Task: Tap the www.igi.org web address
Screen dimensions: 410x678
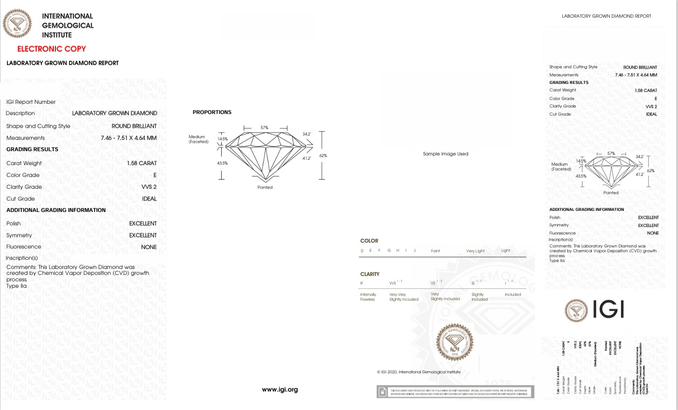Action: (x=280, y=390)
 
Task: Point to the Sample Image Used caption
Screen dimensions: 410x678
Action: (x=446, y=154)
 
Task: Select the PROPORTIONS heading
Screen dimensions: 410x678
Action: (x=212, y=112)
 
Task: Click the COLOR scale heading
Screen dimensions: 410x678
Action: (x=369, y=241)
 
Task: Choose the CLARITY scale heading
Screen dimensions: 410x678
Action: (x=370, y=274)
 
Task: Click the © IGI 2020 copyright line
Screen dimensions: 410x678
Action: (x=419, y=372)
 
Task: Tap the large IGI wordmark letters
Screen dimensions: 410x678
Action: (x=608, y=309)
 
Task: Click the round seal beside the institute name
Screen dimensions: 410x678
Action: (x=17, y=24)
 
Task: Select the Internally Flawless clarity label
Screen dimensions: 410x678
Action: (x=368, y=297)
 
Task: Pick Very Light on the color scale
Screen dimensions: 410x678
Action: (x=475, y=251)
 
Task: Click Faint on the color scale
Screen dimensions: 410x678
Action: (x=435, y=251)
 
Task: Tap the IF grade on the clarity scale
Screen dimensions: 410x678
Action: (x=362, y=283)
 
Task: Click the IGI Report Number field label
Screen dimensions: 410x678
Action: (x=31, y=102)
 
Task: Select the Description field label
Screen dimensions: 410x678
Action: (x=20, y=114)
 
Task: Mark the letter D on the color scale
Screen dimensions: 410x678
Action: (x=362, y=251)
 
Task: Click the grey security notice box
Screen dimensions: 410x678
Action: (x=455, y=391)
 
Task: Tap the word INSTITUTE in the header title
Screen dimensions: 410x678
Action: (x=56, y=35)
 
